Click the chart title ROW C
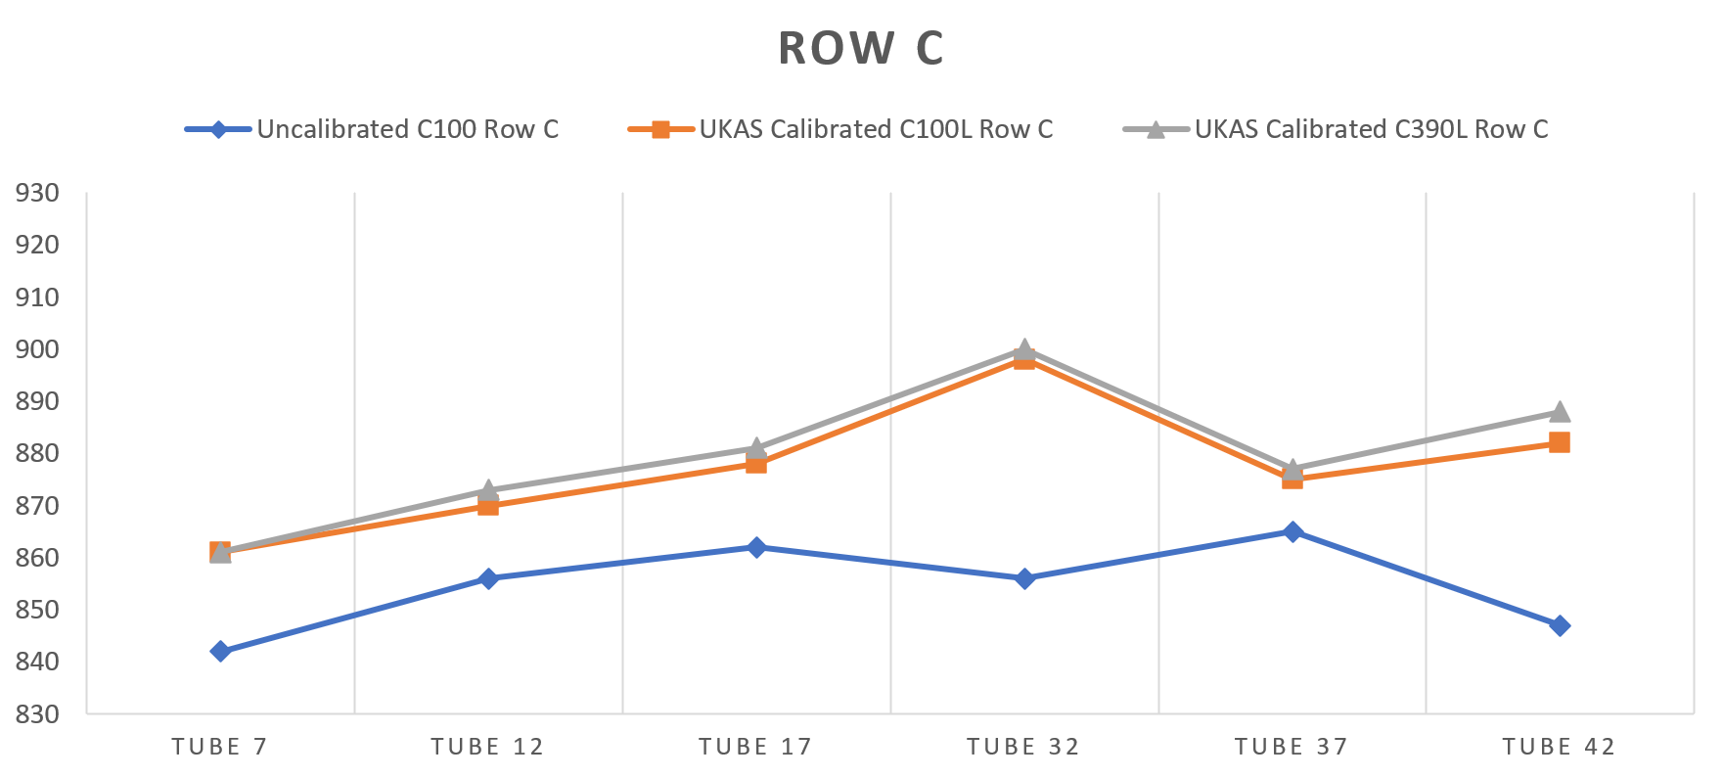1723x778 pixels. point(861,49)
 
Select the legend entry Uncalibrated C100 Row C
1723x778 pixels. point(407,129)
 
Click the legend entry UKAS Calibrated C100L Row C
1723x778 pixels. point(876,129)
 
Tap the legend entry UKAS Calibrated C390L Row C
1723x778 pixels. point(1371,129)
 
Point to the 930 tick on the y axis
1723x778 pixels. point(37,193)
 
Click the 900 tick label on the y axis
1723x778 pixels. point(37,349)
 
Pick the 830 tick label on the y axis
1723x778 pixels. point(37,713)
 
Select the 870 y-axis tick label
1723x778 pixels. point(37,506)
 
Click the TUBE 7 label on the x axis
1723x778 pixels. point(219,748)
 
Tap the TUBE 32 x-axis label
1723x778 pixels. point(1023,748)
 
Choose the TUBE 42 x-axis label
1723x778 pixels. point(1559,748)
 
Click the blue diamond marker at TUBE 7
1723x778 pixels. point(220,651)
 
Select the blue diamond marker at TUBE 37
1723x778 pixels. point(1292,531)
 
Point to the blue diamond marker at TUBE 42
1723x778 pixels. point(1560,625)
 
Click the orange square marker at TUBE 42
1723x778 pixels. point(1560,442)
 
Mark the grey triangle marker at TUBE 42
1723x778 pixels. point(1560,411)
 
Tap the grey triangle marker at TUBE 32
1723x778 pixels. point(1024,348)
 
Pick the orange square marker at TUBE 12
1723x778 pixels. point(488,505)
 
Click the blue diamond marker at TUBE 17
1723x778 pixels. point(756,547)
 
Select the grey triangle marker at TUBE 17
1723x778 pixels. point(756,447)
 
